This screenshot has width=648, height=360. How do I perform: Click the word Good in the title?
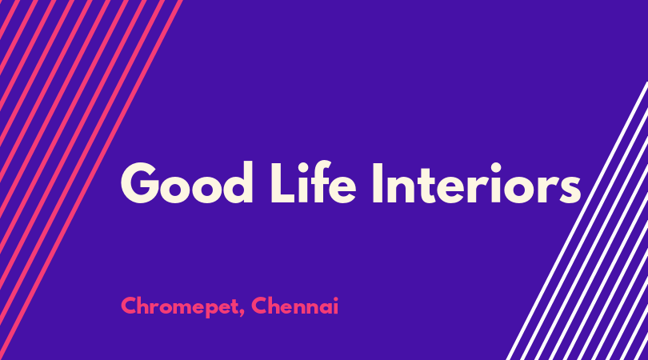pos(186,182)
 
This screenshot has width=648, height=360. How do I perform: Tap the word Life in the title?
pos(313,182)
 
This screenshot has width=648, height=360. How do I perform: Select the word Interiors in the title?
pos(477,183)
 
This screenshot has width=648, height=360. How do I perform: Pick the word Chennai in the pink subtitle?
pos(295,306)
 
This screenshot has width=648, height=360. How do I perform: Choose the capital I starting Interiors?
pos(378,182)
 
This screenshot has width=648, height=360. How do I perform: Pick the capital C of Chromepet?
pos(129,306)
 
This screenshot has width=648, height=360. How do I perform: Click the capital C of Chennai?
pos(259,306)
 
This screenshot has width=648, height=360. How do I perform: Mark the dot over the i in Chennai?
pos(335,298)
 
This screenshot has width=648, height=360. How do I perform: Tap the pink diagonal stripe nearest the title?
pos(90,180)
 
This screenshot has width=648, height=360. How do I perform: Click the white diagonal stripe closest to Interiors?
pos(577,221)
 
